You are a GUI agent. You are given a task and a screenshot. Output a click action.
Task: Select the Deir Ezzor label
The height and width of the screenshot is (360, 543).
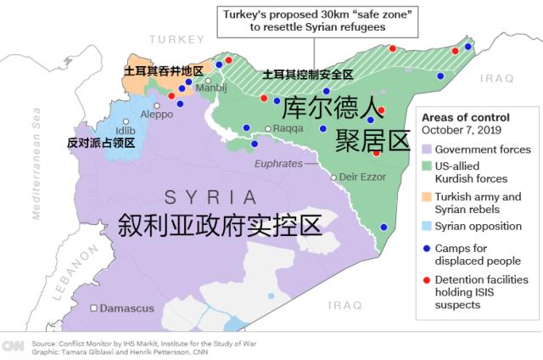pyautogui.click(x=361, y=177)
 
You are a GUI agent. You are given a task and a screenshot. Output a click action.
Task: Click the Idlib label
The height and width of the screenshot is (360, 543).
pyautogui.click(x=125, y=130)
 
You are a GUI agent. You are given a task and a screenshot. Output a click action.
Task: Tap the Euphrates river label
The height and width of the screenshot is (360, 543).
pyautogui.click(x=278, y=163)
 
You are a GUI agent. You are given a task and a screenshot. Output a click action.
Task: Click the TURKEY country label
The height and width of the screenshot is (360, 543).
pyautogui.click(x=177, y=40)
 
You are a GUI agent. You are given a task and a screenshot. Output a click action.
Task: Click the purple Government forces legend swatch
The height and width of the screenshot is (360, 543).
pyautogui.click(x=427, y=149)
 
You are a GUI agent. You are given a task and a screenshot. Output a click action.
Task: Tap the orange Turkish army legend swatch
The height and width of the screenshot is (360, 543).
pyautogui.click(x=427, y=197)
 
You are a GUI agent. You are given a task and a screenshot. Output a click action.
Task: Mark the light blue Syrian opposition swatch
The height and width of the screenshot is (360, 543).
pyautogui.click(x=427, y=226)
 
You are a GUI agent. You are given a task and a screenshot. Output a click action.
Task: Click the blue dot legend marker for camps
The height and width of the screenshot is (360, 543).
pyautogui.click(x=426, y=249)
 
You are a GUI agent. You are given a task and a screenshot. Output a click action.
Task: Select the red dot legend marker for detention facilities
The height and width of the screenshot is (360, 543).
pyautogui.click(x=426, y=278)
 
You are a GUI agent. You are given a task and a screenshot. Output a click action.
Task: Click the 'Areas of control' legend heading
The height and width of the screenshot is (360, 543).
pyautogui.click(x=465, y=117)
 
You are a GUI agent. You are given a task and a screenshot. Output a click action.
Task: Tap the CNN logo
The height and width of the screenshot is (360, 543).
pyautogui.click(x=14, y=346)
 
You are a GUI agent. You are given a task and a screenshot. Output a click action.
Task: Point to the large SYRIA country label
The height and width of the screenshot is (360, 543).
pyautogui.click(x=210, y=198)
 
